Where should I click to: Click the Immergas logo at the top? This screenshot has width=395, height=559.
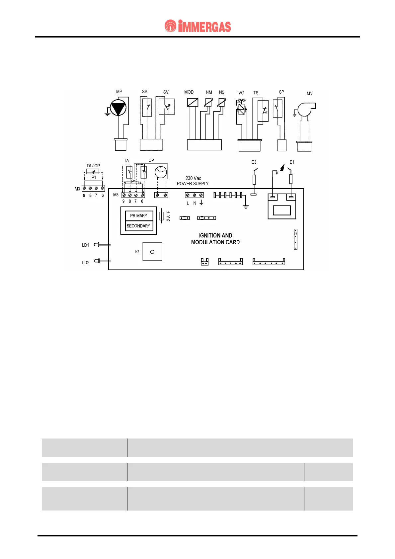click(x=197, y=26)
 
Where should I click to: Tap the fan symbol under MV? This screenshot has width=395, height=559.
click(x=305, y=109)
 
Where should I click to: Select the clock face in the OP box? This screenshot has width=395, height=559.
click(x=161, y=172)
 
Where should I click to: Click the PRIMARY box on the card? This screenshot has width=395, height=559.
click(x=139, y=216)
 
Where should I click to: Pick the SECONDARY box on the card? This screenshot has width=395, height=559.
click(x=138, y=226)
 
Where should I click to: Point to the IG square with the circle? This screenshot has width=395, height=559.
click(x=152, y=252)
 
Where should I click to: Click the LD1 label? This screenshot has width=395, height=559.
click(x=86, y=245)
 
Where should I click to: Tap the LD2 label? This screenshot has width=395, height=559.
click(x=86, y=263)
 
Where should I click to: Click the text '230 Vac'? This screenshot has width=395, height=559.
click(x=193, y=178)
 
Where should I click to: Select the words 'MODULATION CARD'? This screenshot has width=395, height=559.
click(x=215, y=242)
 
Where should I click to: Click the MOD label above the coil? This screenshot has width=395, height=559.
click(x=189, y=92)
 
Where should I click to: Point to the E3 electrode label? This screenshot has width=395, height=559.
click(x=254, y=162)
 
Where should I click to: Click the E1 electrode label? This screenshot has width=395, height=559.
click(x=292, y=162)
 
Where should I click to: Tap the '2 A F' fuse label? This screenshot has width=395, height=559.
click(x=168, y=216)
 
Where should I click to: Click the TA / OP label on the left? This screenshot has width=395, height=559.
click(x=93, y=166)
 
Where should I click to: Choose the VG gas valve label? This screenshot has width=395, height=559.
click(x=241, y=93)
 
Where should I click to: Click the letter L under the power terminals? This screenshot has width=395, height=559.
click(x=188, y=203)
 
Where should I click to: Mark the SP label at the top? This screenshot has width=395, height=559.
click(x=281, y=92)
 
